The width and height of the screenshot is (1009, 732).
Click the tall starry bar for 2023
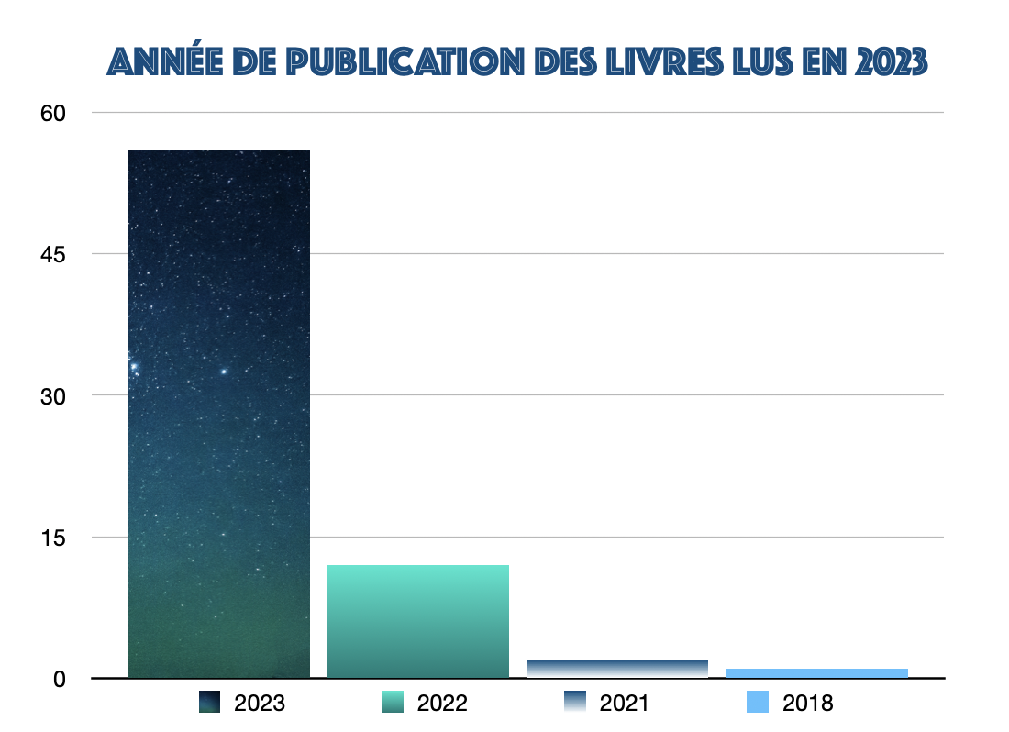219,413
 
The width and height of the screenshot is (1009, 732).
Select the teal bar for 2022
418,621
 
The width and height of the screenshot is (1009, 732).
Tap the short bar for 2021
617,669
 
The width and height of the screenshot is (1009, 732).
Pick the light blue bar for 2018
816,673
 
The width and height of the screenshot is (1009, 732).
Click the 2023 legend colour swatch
210,703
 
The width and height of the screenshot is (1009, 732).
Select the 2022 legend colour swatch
392,703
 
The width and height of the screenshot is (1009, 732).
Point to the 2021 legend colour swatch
574,703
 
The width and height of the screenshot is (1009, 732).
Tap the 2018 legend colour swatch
757,703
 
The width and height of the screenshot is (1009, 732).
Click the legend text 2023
260,704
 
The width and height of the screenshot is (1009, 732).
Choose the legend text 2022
442,704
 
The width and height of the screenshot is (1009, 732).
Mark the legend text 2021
624,704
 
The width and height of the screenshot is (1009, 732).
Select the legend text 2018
807,704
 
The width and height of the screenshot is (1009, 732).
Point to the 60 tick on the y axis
53,113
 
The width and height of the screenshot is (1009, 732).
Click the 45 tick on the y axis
53,254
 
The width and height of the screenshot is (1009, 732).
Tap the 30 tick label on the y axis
53,395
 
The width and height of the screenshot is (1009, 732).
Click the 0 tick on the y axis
59,679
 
